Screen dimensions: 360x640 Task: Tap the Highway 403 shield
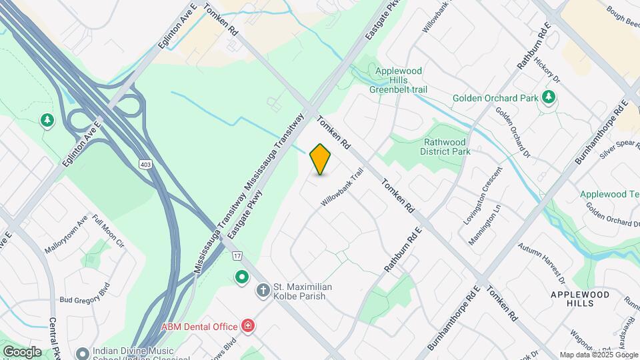pos(145,163)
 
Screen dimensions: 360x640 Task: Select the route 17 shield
pos(237,255)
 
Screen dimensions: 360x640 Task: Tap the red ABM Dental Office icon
pos(248,326)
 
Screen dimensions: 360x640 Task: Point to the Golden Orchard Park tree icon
pos(549,97)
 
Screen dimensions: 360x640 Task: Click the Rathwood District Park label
pos(447,146)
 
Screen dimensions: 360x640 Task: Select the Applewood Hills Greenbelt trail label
pos(399,80)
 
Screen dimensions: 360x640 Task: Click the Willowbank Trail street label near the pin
pos(345,190)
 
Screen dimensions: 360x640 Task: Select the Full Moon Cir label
pos(109,231)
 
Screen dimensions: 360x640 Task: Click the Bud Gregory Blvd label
pos(84,299)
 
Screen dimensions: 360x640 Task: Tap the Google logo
pos(21,351)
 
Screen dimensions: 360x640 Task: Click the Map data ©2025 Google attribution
pos(598,355)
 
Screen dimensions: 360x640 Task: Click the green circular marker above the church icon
pos(241,275)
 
